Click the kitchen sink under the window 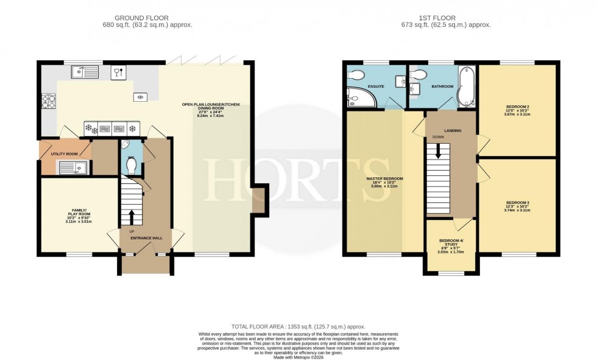click(x=84, y=72)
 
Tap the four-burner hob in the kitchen click(x=48, y=101)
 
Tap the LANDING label click(x=452, y=130)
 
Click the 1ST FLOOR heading click(x=451, y=18)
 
